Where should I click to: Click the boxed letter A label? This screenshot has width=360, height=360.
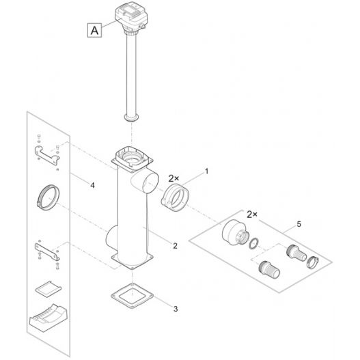[94, 30]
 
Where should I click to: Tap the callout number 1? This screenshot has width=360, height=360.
[206, 171]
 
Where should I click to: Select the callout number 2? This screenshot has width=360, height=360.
[175, 246]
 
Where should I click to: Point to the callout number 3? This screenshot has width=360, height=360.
[176, 309]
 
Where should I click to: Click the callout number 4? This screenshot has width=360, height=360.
[92, 185]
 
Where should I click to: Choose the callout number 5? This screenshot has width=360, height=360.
[299, 224]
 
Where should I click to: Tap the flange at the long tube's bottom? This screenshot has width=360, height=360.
[132, 117]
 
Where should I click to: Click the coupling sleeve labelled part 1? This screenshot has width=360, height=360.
[176, 197]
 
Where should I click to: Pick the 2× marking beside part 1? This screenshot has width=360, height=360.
[174, 178]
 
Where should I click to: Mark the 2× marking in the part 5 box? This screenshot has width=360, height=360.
[252, 214]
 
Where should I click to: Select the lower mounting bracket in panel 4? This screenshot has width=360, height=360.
[47, 251]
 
